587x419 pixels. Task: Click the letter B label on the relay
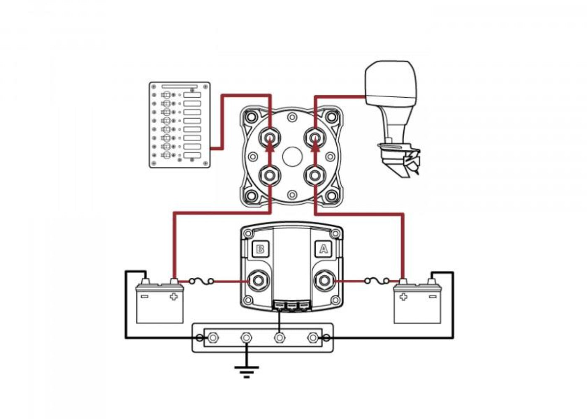click(260, 249)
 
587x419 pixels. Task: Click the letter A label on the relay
click(323, 249)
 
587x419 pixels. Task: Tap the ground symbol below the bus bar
click(247, 371)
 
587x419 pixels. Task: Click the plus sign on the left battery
click(173, 297)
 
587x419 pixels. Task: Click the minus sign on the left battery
click(145, 297)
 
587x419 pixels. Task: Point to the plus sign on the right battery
click(403, 297)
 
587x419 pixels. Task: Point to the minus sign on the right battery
click(432, 297)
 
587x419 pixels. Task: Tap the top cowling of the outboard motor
click(390, 82)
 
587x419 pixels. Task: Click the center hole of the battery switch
click(292, 157)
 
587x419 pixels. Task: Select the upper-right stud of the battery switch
click(315, 137)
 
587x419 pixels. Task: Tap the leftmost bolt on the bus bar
click(213, 338)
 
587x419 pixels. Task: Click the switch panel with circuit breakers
click(179, 125)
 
